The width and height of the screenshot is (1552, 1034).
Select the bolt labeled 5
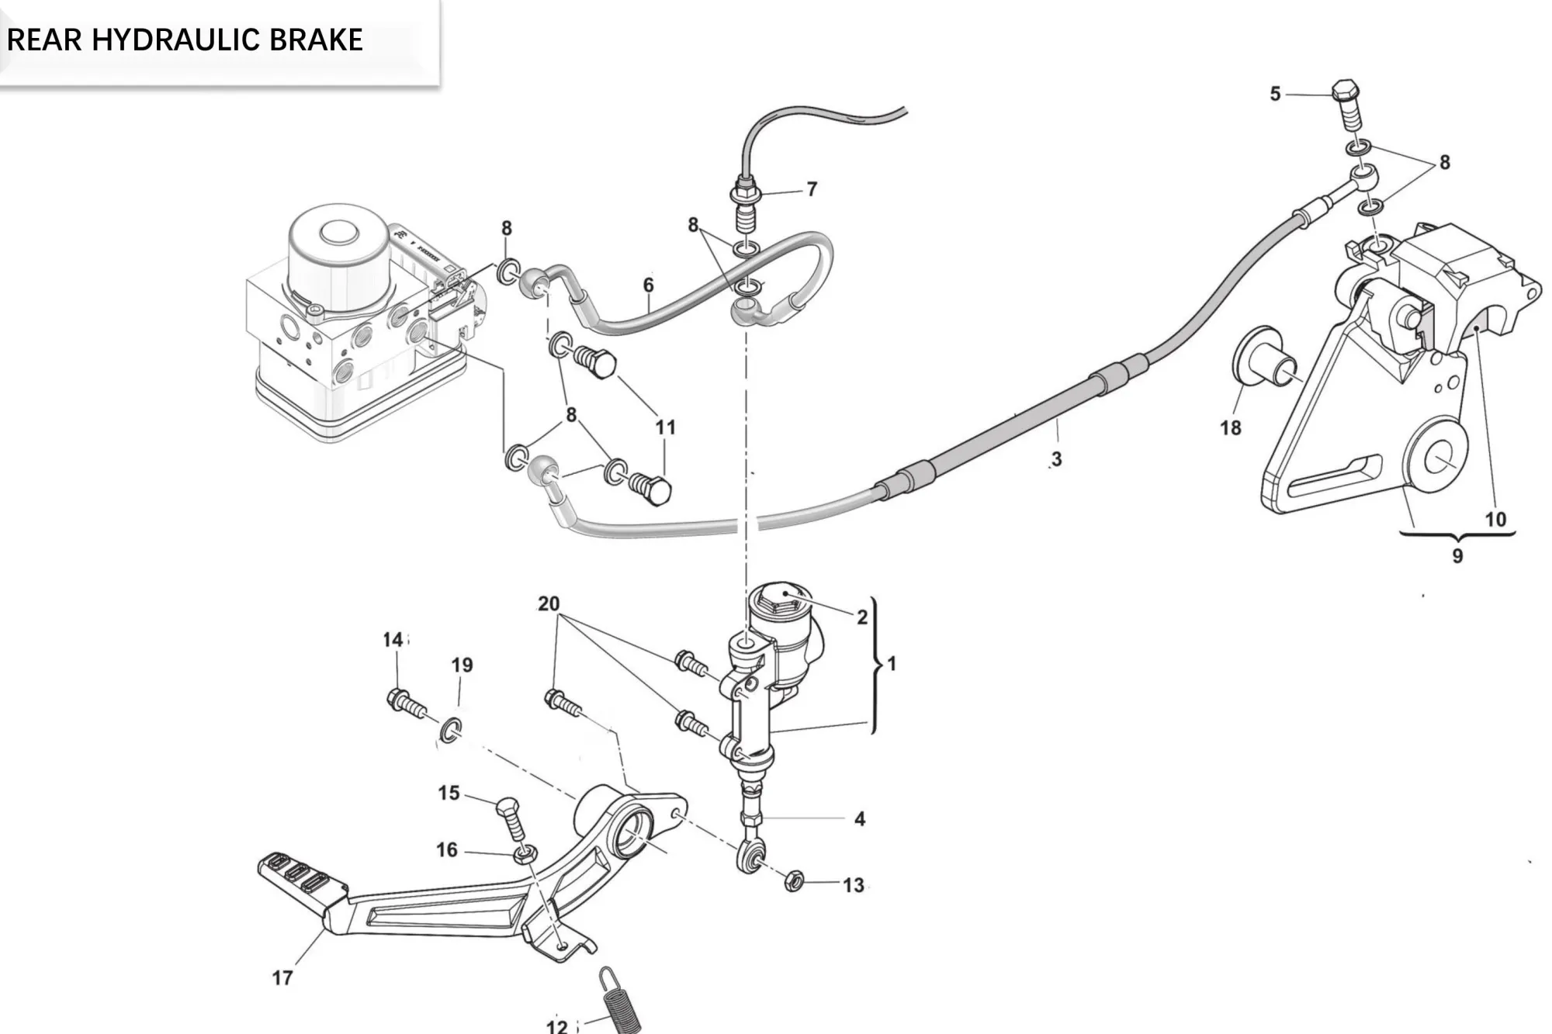point(1348,105)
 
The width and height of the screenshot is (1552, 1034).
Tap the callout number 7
point(812,189)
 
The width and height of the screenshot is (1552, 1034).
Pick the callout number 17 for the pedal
point(282,978)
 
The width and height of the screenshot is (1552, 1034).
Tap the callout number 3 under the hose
point(1056,459)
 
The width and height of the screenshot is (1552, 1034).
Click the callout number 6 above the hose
point(648,285)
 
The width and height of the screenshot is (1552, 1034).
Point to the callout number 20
point(548,603)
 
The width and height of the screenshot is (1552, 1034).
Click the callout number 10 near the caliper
point(1495,519)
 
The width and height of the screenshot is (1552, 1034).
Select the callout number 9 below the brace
point(1457,555)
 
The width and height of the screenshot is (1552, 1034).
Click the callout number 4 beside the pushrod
point(859,819)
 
